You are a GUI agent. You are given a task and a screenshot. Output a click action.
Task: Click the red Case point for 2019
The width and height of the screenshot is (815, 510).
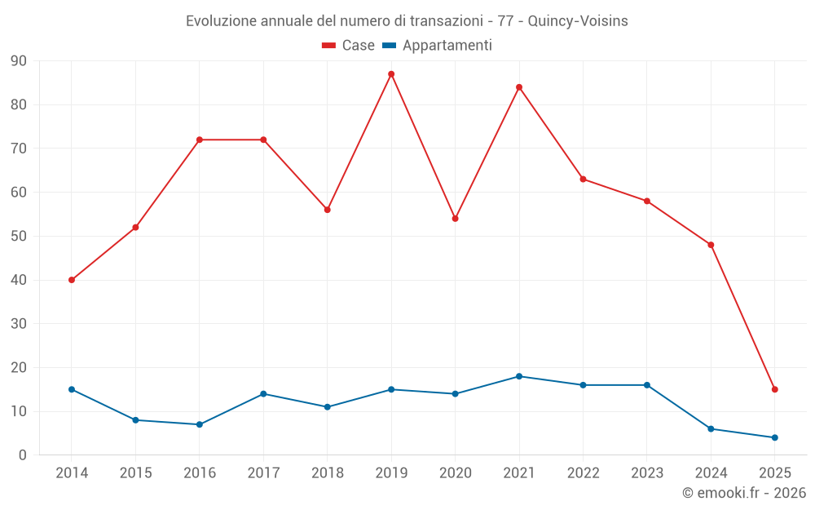(391, 74)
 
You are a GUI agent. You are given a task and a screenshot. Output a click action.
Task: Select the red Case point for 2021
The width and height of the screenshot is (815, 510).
(519, 87)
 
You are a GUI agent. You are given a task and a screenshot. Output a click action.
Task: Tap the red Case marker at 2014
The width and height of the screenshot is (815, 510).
(72, 280)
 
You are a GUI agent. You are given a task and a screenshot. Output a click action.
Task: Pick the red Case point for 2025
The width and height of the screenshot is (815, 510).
(774, 389)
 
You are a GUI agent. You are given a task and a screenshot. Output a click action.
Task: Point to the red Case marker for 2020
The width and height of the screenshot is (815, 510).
(455, 219)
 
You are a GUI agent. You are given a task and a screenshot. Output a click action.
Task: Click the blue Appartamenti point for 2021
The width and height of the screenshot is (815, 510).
(519, 376)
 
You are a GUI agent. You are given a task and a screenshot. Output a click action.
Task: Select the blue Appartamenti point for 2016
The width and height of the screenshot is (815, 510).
(200, 424)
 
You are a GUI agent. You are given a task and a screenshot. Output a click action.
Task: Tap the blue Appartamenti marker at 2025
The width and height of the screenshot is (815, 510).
(774, 437)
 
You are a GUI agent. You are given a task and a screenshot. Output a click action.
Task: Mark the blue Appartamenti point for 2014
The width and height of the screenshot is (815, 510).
(72, 389)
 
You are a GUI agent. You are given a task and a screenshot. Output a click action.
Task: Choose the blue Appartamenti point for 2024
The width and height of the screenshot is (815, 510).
(711, 428)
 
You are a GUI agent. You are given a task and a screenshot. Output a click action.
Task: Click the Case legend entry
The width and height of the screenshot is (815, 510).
(349, 46)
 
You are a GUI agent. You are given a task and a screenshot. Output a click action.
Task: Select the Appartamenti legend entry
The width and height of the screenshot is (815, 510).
(438, 46)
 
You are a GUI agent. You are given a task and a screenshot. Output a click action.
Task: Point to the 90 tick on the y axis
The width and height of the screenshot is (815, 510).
(19, 61)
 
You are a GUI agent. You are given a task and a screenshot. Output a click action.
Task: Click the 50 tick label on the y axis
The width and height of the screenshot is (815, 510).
(19, 237)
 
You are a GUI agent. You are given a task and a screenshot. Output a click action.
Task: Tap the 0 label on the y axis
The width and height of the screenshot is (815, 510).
(23, 455)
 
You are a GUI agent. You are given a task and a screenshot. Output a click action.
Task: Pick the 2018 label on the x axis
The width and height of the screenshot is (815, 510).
(327, 473)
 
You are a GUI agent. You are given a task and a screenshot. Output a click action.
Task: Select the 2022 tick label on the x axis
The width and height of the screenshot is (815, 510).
(583, 473)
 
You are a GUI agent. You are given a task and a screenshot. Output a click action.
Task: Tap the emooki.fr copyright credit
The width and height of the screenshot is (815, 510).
(744, 493)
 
